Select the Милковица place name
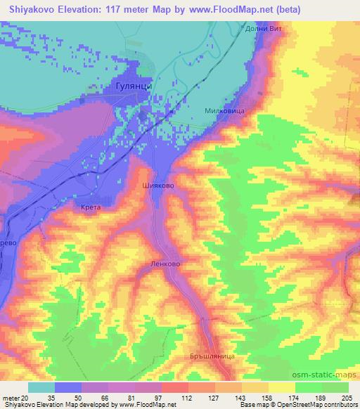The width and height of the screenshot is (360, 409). pos(224,111)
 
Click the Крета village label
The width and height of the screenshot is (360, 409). pos(91,208)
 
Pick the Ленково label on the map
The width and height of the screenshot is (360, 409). pos(166,265)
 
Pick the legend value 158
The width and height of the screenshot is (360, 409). pos(257,397)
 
